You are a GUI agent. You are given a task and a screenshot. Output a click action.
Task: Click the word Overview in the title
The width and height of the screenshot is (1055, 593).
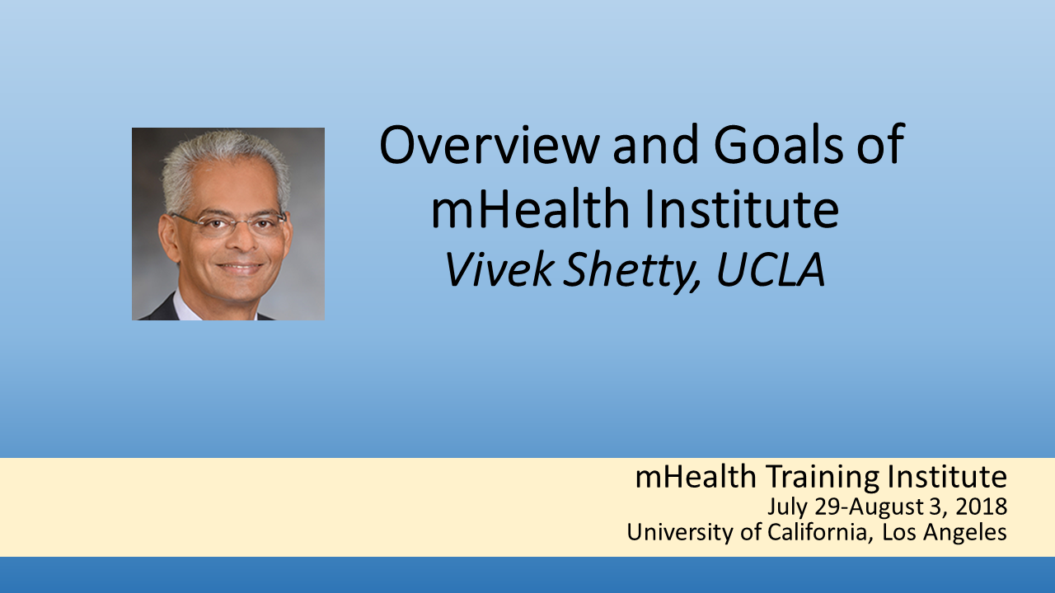(489, 144)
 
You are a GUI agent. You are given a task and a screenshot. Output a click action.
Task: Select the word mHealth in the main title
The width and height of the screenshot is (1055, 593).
(530, 208)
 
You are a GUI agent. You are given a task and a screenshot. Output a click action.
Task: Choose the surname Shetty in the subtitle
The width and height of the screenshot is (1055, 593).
(632, 271)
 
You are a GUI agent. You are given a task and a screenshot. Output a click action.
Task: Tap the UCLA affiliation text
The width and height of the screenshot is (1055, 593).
(771, 268)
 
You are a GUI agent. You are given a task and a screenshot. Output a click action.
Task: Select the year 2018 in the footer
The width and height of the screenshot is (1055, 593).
(982, 507)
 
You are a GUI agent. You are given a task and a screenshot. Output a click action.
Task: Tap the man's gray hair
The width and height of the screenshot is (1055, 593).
(226, 162)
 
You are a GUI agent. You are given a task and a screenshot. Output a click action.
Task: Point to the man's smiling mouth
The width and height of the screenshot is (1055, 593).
(240, 268)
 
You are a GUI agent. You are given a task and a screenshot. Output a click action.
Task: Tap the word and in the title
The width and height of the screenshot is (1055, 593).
(656, 144)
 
